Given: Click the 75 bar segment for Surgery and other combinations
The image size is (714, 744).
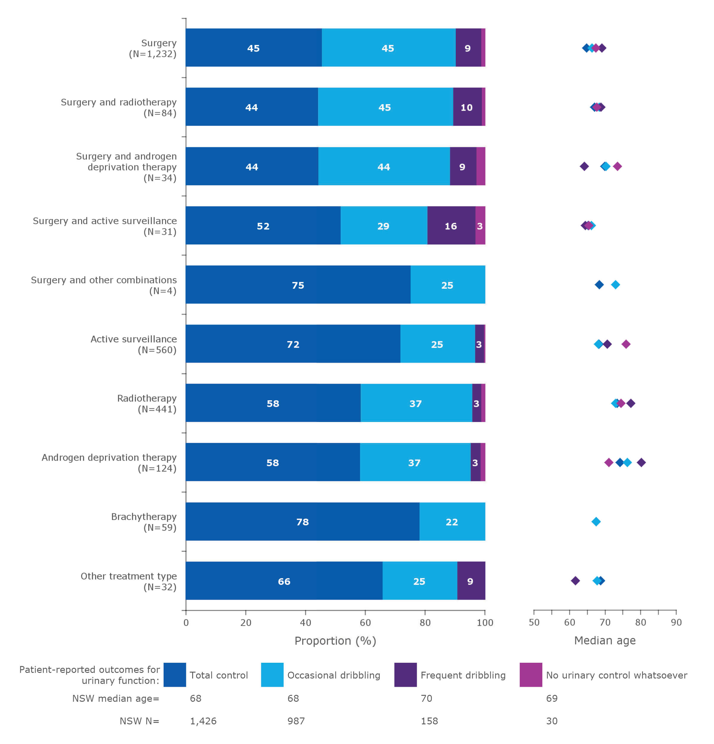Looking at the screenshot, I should tap(298, 285).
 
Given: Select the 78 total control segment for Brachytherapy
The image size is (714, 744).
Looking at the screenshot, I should tap(302, 522).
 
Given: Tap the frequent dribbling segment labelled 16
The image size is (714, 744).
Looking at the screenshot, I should tap(451, 226).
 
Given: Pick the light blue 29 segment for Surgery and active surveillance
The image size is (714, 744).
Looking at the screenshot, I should tap(383, 226).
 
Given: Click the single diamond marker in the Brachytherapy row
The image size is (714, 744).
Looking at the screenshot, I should tap(596, 522).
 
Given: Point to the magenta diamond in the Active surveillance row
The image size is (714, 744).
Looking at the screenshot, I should tap(626, 344).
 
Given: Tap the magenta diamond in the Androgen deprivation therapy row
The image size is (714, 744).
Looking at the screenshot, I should tap(608, 462).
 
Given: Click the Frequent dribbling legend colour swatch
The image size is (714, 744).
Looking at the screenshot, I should tap(405, 675).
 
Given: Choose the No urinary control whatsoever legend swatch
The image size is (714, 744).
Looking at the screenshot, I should tap(530, 675).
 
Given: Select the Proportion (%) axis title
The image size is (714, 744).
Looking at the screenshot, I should tap(335, 641).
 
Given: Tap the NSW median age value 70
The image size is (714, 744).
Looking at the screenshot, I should tap(426, 698).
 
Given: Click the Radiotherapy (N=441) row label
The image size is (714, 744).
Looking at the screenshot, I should tap(147, 404).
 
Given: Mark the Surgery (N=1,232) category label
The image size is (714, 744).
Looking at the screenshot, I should tap(153, 48).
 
